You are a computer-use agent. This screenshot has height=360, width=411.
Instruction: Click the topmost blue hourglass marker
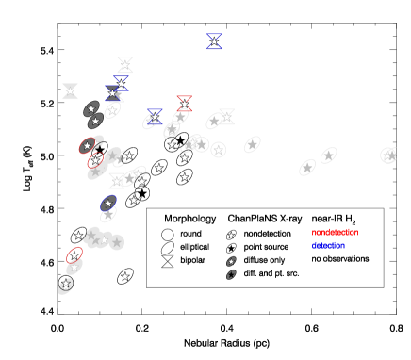[215, 41]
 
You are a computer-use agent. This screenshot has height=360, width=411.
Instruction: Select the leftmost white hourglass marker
[71, 91]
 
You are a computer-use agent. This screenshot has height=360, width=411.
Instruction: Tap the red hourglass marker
[184, 103]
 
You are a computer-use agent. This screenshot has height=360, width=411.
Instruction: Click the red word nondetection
[335, 232]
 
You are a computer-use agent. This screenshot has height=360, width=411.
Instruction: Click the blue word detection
[328, 246]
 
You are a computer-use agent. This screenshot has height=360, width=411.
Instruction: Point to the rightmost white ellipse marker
[388, 155]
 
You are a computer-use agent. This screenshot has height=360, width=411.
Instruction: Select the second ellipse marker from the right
[328, 155]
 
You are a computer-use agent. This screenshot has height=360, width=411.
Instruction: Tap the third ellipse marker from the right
[307, 167]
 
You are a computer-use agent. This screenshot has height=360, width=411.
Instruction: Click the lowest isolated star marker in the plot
[125, 276]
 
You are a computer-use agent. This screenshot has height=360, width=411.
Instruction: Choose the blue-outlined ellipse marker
[108, 204]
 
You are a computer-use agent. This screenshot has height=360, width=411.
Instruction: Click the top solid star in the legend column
[231, 236]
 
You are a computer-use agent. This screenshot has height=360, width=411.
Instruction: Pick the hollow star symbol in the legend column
[231, 249]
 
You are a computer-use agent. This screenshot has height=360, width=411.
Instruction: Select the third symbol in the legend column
[231, 261]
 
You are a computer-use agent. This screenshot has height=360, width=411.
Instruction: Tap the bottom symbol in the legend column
[231, 274]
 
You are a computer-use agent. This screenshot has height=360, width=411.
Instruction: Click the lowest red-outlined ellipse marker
[74, 255]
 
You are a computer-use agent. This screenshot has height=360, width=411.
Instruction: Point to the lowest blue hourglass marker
[155, 117]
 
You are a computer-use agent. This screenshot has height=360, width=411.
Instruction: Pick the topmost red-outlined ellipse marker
[88, 145]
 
